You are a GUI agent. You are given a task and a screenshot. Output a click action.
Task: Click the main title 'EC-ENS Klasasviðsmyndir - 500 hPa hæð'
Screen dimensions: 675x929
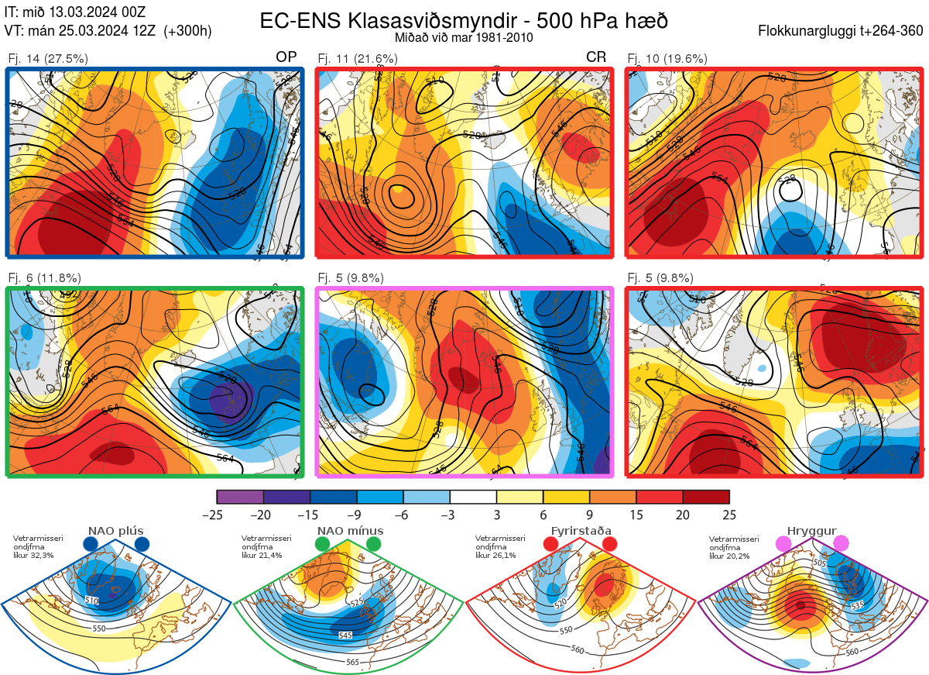464,20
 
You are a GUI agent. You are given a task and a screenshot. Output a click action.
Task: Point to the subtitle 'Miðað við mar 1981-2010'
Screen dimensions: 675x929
464,37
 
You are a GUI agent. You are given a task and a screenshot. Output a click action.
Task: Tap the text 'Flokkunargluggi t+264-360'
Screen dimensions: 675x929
842,31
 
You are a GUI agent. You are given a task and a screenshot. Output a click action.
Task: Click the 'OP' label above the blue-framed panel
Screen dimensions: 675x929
286,58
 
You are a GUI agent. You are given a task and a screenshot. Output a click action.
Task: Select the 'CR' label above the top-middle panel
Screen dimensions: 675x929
596,58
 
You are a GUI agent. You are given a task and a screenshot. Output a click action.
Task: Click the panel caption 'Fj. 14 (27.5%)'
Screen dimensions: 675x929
48,58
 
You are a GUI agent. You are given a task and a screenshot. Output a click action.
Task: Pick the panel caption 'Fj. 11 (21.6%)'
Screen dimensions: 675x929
358,58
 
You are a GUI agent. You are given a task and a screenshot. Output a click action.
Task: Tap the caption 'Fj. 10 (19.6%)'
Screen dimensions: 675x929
667,58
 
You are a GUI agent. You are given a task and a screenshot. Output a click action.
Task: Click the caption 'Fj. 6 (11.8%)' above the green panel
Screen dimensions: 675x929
45,278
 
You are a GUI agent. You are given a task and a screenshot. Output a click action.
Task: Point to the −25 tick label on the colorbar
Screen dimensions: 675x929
217,515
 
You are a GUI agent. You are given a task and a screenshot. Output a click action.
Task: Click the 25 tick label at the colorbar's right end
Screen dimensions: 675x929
728,515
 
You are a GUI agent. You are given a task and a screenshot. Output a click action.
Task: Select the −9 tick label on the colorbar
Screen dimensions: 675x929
356,515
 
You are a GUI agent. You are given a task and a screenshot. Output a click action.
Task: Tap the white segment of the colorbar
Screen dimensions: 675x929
473,497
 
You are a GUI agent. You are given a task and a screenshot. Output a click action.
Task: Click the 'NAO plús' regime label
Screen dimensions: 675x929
116,531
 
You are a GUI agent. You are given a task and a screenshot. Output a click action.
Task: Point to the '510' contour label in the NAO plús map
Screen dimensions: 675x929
92,601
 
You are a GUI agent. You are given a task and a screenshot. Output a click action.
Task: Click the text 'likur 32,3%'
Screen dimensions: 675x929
33,556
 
